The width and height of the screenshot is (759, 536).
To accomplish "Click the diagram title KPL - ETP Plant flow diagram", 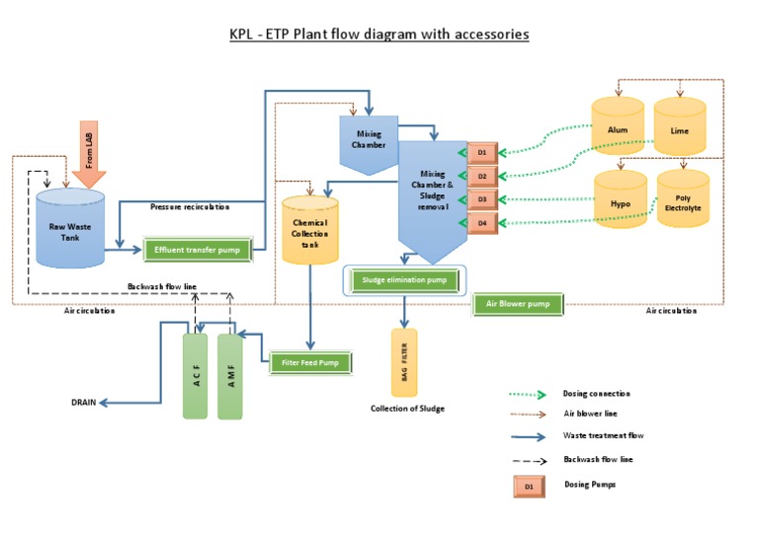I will pyautogui.click(x=379, y=35).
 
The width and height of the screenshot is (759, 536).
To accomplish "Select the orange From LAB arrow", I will pyautogui.click(x=89, y=153).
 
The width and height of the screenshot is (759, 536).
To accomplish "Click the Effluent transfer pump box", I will pyautogui.click(x=199, y=250).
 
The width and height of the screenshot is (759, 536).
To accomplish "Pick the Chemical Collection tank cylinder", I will pyautogui.click(x=309, y=229).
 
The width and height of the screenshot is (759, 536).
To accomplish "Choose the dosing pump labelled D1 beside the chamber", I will pyautogui.click(x=481, y=153).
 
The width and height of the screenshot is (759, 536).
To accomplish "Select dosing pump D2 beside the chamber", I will pyautogui.click(x=481, y=176).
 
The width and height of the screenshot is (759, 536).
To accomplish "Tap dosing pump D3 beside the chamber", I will pyautogui.click(x=481, y=199).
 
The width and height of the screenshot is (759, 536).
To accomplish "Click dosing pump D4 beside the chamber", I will pyautogui.click(x=481, y=223).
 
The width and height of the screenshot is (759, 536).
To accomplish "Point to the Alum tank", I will pyautogui.click(x=619, y=128).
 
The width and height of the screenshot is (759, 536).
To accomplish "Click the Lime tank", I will pyautogui.click(x=679, y=128).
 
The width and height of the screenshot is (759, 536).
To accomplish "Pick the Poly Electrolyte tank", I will pyautogui.click(x=682, y=202).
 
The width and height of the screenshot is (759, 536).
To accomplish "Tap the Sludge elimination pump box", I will pyautogui.click(x=404, y=280).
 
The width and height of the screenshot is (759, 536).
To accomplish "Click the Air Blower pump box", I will pyautogui.click(x=518, y=304).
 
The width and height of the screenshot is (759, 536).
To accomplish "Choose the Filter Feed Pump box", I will pyautogui.click(x=310, y=363).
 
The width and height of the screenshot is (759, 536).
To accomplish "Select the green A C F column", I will pyautogui.click(x=196, y=376).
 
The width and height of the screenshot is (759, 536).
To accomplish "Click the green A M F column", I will pyautogui.click(x=229, y=376).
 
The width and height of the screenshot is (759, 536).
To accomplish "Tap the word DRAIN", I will pyautogui.click(x=85, y=403).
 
